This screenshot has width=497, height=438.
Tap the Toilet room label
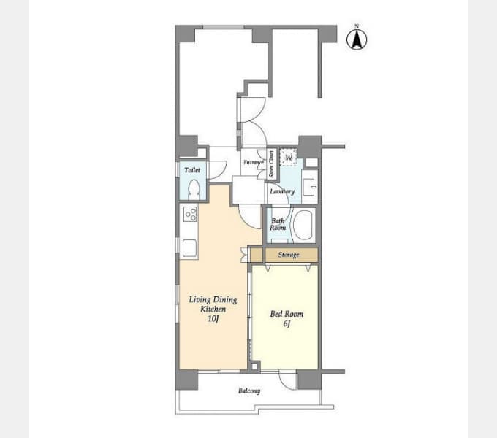(192, 170)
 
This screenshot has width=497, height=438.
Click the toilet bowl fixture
(193, 190)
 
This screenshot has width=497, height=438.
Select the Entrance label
(254, 162)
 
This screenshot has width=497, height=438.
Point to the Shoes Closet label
(271, 164)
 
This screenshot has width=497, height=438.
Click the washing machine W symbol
(289, 157)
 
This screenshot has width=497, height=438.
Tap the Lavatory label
(282, 191)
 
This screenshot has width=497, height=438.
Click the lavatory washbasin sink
(309, 187)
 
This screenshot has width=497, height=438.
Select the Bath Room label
(278, 224)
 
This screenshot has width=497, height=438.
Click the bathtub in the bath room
(303, 225)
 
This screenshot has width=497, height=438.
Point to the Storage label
(289, 255)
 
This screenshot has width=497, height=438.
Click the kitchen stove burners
(191, 214)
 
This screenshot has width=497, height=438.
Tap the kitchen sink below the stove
(189, 247)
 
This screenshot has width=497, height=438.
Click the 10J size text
(213, 319)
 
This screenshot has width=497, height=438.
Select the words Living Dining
(213, 299)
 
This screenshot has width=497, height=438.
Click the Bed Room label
(287, 314)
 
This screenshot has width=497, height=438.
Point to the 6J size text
(287, 323)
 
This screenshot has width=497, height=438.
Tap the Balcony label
(249, 391)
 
